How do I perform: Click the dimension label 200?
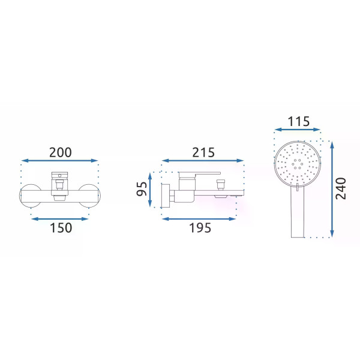tap(61, 152)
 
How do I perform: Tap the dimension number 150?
tap(61, 228)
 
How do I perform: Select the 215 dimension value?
tap(203, 152)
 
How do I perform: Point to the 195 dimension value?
tap(200, 228)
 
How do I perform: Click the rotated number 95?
tap(142, 189)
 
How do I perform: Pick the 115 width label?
tap(299, 121)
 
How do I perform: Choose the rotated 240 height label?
tap(341, 188)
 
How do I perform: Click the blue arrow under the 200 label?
tap(59, 161)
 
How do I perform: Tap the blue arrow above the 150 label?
tap(59, 219)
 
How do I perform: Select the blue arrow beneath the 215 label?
tap(203, 161)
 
